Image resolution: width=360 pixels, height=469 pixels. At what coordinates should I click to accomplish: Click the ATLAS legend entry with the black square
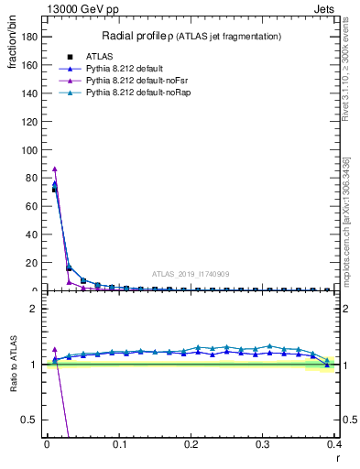click(x=97, y=56)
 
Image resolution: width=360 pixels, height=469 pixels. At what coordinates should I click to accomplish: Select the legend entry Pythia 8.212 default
click(x=121, y=68)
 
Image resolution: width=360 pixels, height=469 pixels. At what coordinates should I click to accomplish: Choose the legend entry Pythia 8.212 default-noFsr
click(x=126, y=81)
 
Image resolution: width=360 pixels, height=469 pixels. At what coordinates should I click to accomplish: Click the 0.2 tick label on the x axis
click(x=191, y=444)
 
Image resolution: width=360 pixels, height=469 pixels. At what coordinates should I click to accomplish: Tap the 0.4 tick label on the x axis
click(x=335, y=444)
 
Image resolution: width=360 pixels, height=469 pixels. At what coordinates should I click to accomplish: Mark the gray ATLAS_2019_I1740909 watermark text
click(x=191, y=274)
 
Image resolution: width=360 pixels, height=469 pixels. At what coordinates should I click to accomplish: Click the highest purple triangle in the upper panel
click(x=55, y=169)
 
